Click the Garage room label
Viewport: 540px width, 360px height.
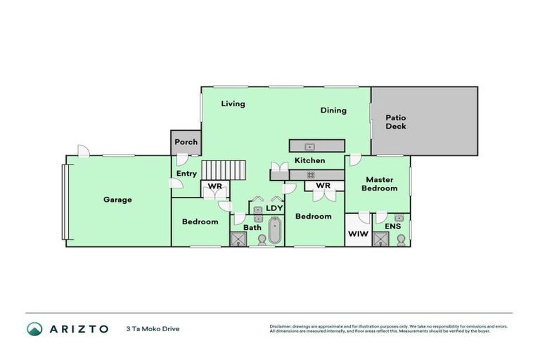tap(117, 200)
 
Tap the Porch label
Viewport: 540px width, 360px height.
tap(186, 142)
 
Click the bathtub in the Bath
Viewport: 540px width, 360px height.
tap(275, 230)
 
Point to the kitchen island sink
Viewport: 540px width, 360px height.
tap(309, 146)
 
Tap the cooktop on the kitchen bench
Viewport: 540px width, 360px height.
tap(310, 174)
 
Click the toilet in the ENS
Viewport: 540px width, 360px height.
tap(401, 240)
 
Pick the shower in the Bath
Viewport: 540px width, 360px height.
tap(240, 240)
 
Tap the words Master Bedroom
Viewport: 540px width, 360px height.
tap(379, 184)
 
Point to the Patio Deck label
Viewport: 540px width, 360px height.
tap(396, 122)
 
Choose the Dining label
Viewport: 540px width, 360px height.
tap(333, 110)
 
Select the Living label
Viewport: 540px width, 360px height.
tap(233, 104)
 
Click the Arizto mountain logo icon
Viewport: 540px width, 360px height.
tap(34, 328)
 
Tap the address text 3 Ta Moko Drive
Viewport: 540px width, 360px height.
tap(153, 328)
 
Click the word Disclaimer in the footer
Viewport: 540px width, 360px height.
tap(281, 326)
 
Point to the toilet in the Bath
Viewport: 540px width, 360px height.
tap(262, 240)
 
